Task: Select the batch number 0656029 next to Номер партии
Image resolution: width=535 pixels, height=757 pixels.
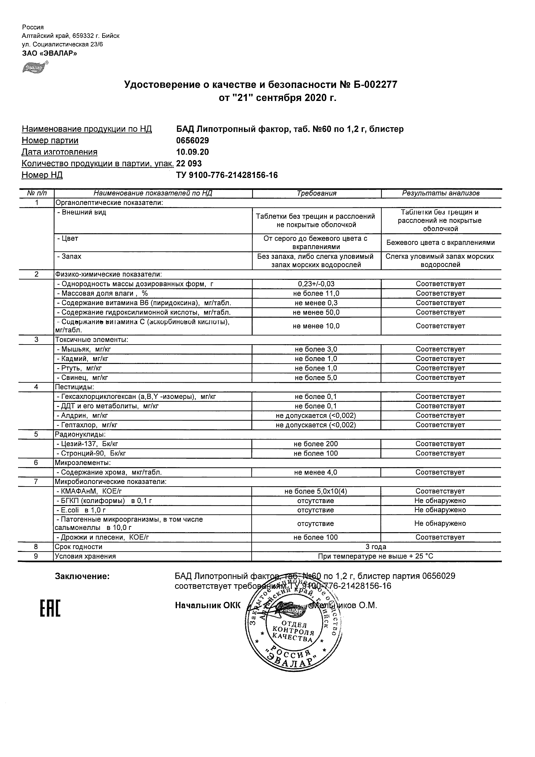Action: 192,140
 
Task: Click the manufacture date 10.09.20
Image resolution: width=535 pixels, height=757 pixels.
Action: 192,152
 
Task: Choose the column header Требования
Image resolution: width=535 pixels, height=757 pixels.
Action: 316,193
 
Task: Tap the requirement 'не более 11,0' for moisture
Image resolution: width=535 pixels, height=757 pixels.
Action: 316,293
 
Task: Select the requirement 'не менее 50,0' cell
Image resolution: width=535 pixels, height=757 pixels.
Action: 316,312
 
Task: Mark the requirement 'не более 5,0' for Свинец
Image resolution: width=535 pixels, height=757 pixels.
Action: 316,378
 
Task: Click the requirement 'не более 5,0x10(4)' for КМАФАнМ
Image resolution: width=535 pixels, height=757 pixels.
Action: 316,492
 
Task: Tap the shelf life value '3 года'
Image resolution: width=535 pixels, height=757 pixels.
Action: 376,547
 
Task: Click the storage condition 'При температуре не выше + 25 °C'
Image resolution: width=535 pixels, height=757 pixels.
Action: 376,556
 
